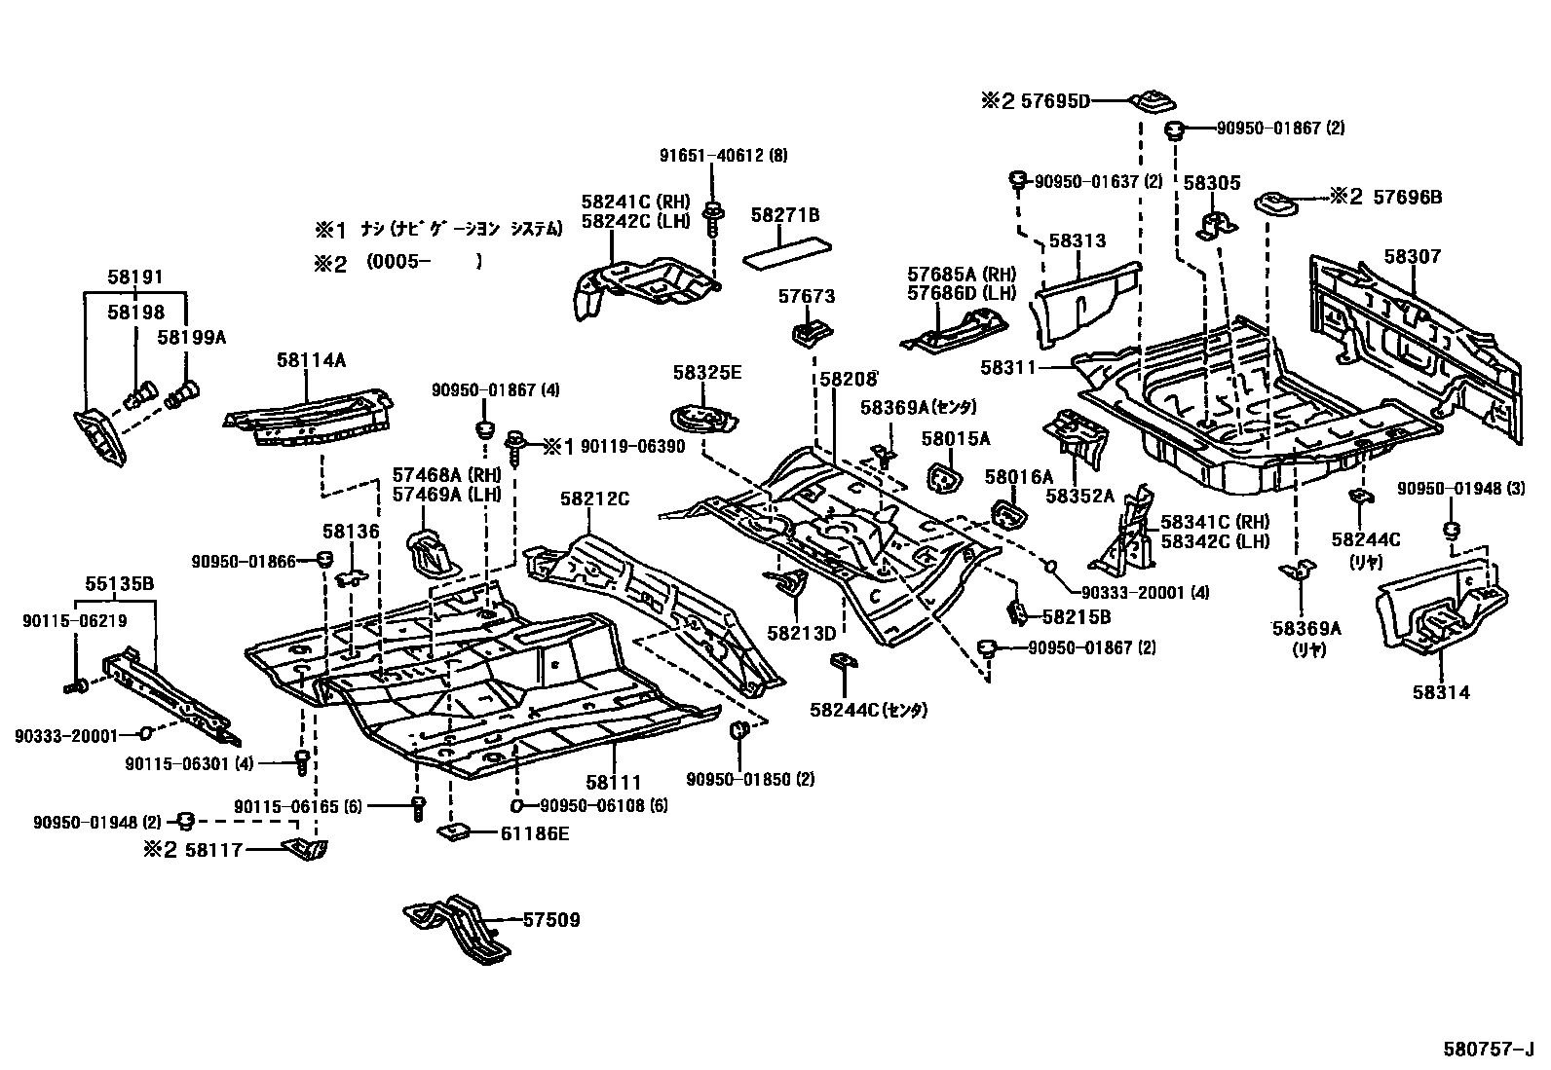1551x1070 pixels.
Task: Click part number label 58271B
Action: (x=785, y=214)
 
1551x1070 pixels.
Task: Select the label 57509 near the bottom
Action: (x=551, y=919)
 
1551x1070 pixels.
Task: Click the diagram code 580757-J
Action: (x=1488, y=1050)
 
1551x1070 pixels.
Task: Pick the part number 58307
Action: (x=1412, y=257)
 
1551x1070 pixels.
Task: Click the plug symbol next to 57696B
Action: (x=1273, y=203)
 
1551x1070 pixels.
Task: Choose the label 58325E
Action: (x=707, y=372)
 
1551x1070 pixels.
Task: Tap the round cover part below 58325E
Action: (x=701, y=419)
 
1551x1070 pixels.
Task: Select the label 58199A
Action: (x=192, y=337)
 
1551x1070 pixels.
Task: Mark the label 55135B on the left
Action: (x=119, y=584)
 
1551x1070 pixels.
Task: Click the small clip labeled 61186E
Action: (x=454, y=832)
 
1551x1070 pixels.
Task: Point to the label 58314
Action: (x=1440, y=692)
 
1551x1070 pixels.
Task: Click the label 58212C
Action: (x=594, y=498)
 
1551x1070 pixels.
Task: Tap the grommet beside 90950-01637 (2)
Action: (x=1016, y=179)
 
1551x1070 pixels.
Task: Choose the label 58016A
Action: (x=1018, y=477)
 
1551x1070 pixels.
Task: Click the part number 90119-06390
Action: (x=632, y=446)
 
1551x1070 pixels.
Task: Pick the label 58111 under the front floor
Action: (x=614, y=782)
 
